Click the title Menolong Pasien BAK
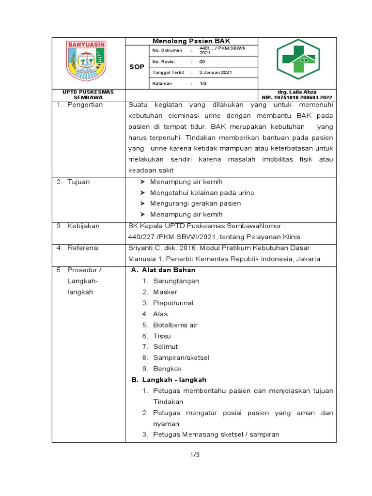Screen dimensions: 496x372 tap(191, 41)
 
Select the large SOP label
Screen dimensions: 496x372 tap(137, 67)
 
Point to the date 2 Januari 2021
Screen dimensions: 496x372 tap(216, 72)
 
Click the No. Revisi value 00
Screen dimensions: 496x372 tap(202, 62)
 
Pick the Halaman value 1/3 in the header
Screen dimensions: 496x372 tap(203, 83)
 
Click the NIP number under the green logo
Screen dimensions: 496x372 tap(297, 97)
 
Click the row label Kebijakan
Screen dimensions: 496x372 tap(83, 226)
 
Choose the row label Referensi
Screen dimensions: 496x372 tap(83, 248)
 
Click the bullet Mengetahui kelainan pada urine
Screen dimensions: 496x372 tap(202, 193)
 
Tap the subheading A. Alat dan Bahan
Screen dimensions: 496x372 tap(163, 270)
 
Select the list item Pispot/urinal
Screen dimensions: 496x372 tap(173, 303)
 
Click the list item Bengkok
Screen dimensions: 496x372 tap(167, 369)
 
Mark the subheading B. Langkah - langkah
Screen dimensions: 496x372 tap(169, 380)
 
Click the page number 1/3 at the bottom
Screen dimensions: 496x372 tap(195, 455)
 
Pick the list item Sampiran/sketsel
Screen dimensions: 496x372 tap(181, 357)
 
